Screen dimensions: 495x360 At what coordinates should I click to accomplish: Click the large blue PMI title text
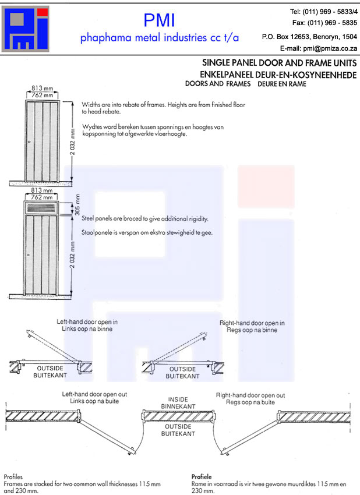coord(159,20)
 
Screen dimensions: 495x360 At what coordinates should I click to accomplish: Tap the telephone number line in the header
coord(323,12)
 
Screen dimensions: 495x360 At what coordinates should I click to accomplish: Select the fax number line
coord(324,23)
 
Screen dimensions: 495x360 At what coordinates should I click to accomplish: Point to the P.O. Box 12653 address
coord(309,36)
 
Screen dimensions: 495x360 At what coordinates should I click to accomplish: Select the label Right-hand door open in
coord(252,323)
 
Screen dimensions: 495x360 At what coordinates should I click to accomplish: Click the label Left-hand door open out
coord(94,394)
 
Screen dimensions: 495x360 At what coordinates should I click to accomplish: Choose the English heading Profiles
coord(13,476)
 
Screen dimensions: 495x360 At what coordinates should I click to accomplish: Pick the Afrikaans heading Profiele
coord(202,476)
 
